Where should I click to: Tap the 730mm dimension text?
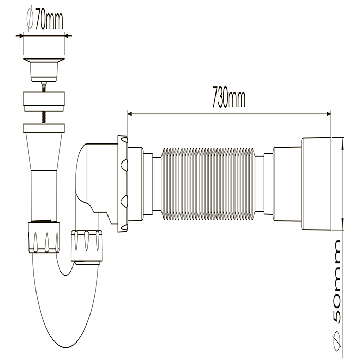[x=227, y=98]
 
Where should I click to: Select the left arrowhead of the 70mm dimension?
[x=22, y=35]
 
